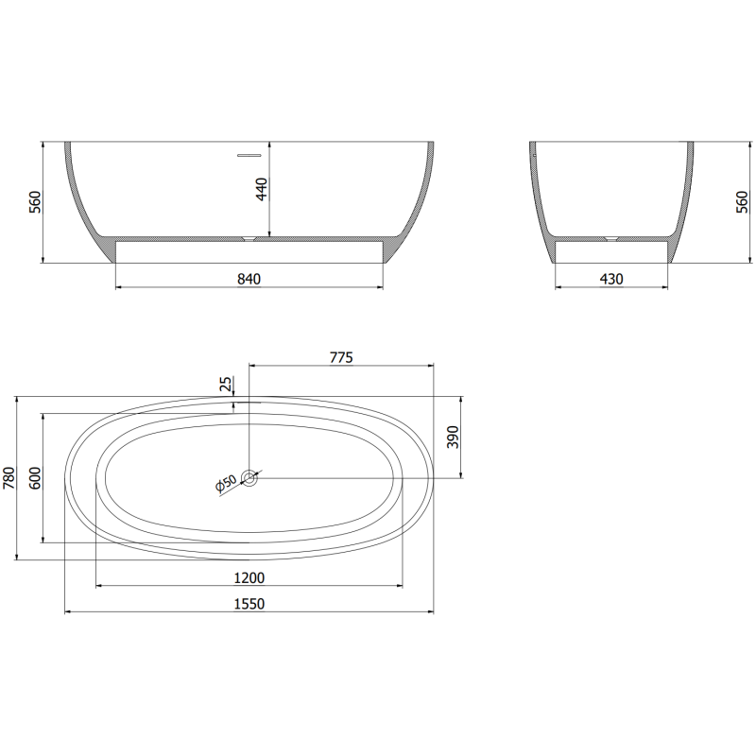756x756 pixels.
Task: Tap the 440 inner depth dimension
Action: pyautogui.click(x=263, y=189)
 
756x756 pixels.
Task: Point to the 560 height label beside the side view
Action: pyautogui.click(x=742, y=201)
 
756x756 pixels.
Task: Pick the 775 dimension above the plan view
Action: pyautogui.click(x=341, y=357)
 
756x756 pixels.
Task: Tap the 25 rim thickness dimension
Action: pyautogui.click(x=225, y=384)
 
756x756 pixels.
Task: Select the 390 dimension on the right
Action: pyautogui.click(x=453, y=438)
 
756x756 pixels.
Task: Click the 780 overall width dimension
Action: pyautogui.click(x=10, y=478)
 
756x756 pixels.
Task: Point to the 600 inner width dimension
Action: pyautogui.click(x=35, y=478)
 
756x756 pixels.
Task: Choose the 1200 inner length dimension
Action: pyautogui.click(x=249, y=577)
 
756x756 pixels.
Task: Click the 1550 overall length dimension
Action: pyautogui.click(x=249, y=604)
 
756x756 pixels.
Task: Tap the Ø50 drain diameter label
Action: pyautogui.click(x=226, y=485)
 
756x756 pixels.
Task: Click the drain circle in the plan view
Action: pyautogui.click(x=249, y=478)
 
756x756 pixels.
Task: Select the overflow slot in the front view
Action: pyautogui.click(x=249, y=153)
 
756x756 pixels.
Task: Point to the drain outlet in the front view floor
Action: pyautogui.click(x=249, y=238)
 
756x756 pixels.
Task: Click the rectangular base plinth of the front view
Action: pyautogui.click(x=249, y=250)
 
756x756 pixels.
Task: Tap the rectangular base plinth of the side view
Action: pyautogui.click(x=611, y=250)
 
